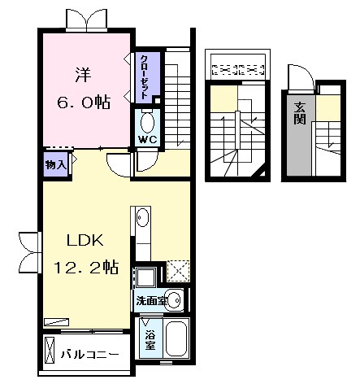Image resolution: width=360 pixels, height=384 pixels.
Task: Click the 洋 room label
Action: [x=83, y=75]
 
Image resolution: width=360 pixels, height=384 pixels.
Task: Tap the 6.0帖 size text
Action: [x=84, y=102]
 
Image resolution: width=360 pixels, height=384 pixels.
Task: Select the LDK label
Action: [x=85, y=240]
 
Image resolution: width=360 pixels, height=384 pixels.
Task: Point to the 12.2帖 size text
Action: [x=86, y=267]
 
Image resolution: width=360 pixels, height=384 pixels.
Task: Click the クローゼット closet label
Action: [x=144, y=77]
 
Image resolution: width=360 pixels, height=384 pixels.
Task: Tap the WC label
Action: [x=148, y=139]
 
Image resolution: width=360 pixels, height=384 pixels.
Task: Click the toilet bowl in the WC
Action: [x=148, y=122]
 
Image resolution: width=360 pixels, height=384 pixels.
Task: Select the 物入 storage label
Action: [x=56, y=164]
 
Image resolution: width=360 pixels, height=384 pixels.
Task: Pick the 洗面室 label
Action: [x=151, y=301]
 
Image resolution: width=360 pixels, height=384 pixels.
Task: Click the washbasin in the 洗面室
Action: [x=174, y=300]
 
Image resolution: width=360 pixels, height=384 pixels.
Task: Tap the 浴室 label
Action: [x=150, y=340]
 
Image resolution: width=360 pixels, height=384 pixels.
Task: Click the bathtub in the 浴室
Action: [x=176, y=338]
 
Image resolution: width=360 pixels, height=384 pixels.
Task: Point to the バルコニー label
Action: [x=89, y=355]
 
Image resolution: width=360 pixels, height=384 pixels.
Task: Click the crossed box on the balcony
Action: [x=50, y=351]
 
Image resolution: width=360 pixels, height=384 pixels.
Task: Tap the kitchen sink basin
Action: [x=142, y=217]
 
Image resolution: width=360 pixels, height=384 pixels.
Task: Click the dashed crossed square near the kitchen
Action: [x=178, y=271]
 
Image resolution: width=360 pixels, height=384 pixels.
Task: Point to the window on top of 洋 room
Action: [x=86, y=19]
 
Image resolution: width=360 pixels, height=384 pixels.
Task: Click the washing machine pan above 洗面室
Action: [x=145, y=277]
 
